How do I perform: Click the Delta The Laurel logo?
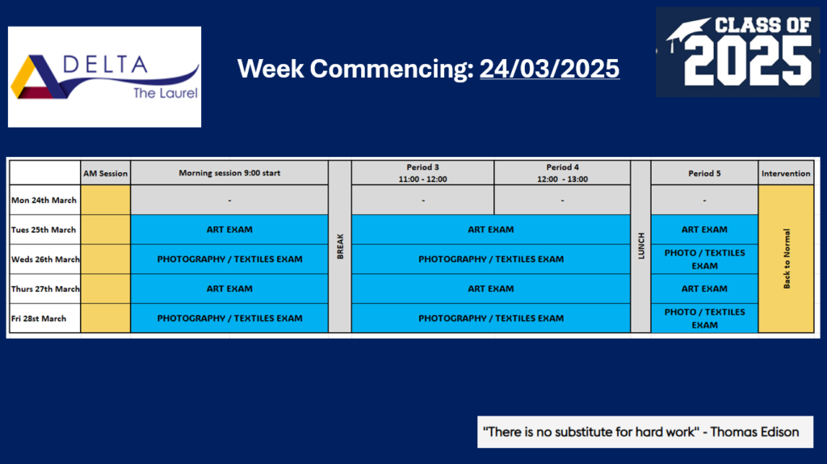click(104, 77)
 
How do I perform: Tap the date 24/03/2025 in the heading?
click(549, 69)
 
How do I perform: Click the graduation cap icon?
click(686, 34)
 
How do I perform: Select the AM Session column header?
click(106, 173)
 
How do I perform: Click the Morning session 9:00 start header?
click(229, 173)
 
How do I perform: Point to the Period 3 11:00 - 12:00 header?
click(422, 173)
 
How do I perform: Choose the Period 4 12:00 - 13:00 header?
click(562, 173)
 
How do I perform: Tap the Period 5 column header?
click(704, 173)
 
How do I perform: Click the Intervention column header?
click(786, 173)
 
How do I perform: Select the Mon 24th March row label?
click(44, 200)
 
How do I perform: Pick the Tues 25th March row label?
click(44, 230)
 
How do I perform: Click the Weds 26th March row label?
click(45, 259)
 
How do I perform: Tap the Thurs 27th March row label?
click(45, 289)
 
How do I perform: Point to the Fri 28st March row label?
click(39, 318)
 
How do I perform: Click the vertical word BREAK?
click(340, 247)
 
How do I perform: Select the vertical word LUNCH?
click(641, 246)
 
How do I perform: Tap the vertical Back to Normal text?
click(787, 259)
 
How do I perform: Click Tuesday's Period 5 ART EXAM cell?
click(704, 230)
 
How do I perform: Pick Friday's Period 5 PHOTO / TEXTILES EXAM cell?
click(704, 318)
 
